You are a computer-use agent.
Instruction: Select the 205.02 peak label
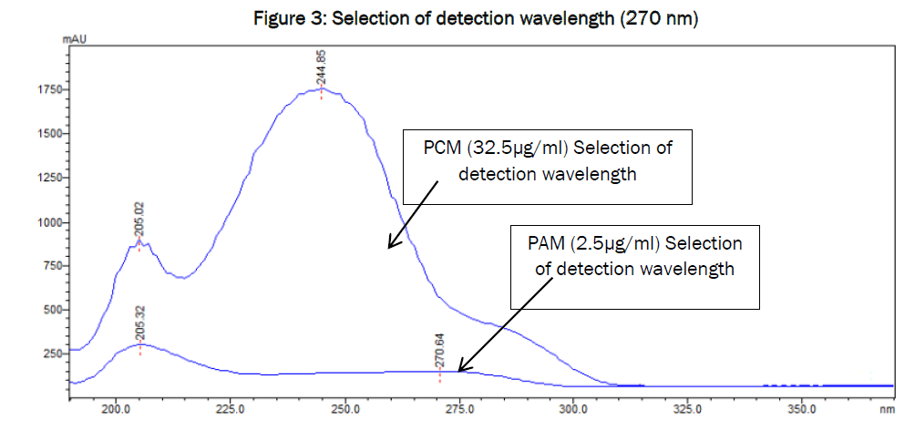pyautogui.click(x=139, y=220)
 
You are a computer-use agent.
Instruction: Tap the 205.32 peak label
pyautogui.click(x=140, y=322)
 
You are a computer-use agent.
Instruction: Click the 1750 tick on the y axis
pyautogui.click(x=47, y=89)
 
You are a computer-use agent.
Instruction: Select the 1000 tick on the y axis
pyautogui.click(x=47, y=223)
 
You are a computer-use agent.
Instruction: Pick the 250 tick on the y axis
pyautogui.click(x=50, y=353)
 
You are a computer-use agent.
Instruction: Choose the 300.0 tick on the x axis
pyautogui.click(x=572, y=410)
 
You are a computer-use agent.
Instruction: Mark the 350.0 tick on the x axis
pyautogui.click(x=800, y=410)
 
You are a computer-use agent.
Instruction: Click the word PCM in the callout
pyautogui.click(x=439, y=147)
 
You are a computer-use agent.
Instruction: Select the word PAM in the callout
pyautogui.click(x=547, y=244)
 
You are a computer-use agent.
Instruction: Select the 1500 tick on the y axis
pyautogui.click(x=47, y=134)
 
